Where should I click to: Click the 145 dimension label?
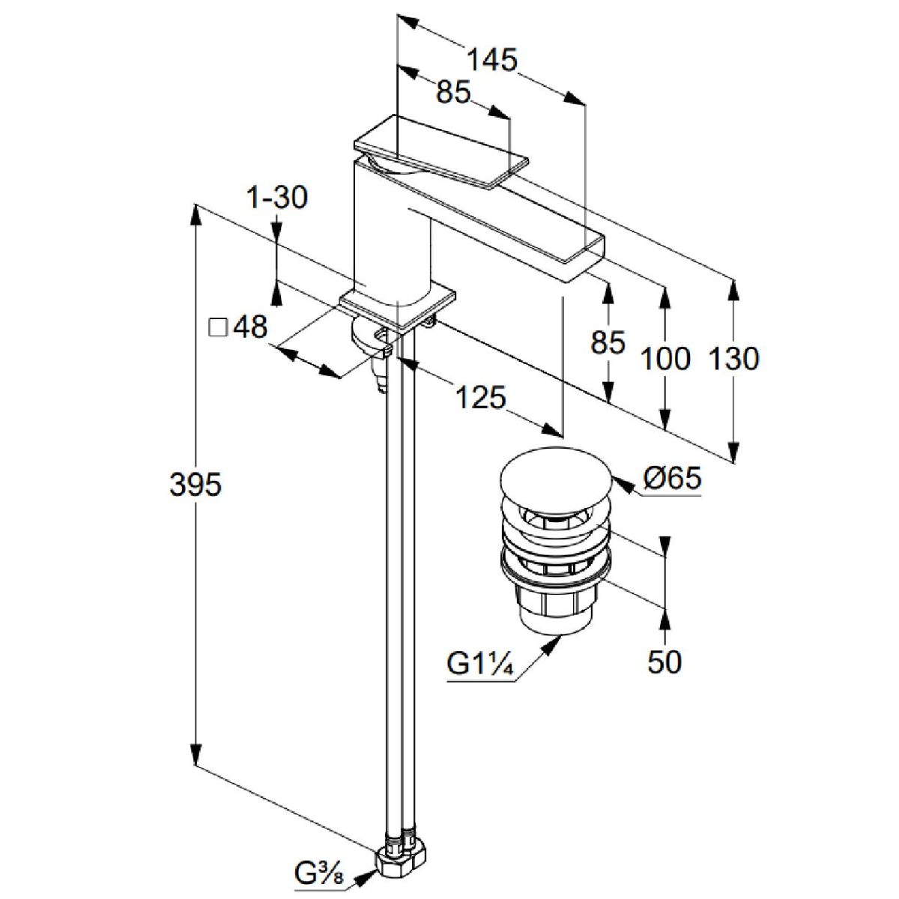click(493, 60)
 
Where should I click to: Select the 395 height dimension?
click(196, 485)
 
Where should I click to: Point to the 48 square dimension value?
click(250, 327)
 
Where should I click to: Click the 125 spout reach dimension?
click(479, 397)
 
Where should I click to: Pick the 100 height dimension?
click(665, 359)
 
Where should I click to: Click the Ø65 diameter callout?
click(671, 477)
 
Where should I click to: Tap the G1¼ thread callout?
click(479, 664)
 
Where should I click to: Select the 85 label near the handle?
click(453, 92)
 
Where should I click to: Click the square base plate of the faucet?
click(397, 305)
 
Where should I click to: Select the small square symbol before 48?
click(218, 327)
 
